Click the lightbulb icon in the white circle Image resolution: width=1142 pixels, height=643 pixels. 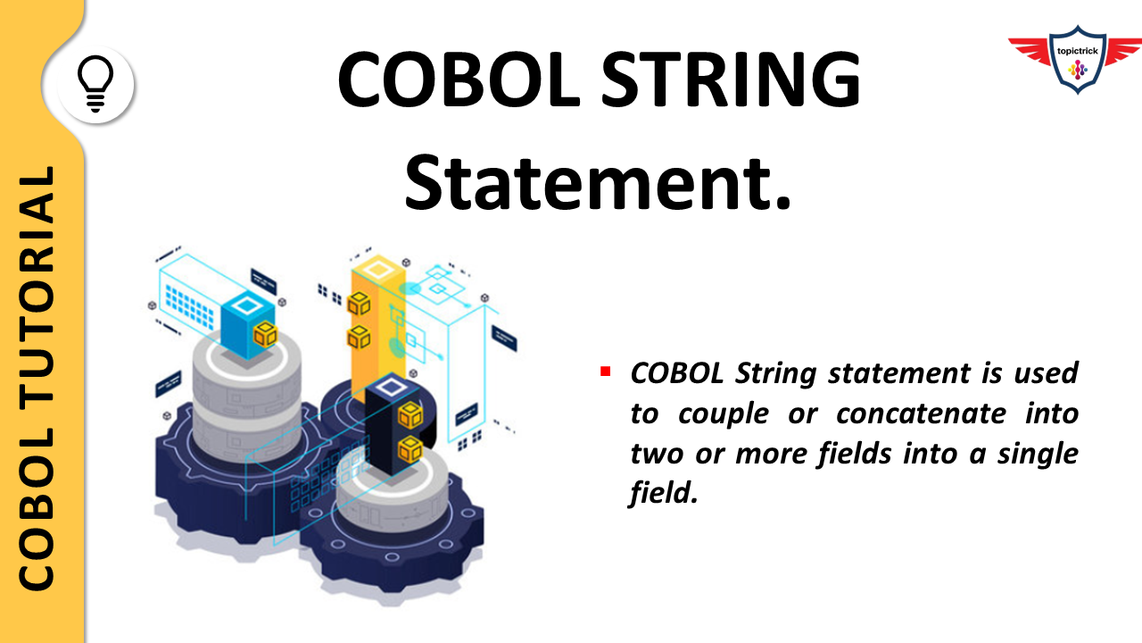(x=95, y=85)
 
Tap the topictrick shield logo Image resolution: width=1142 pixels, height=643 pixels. (x=1075, y=60)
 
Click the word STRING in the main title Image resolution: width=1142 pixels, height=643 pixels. (x=727, y=81)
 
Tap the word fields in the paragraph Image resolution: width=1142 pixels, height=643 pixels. (x=855, y=454)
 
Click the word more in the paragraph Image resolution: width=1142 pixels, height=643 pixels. (x=768, y=454)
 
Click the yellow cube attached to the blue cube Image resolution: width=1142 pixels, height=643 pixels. (x=265, y=335)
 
